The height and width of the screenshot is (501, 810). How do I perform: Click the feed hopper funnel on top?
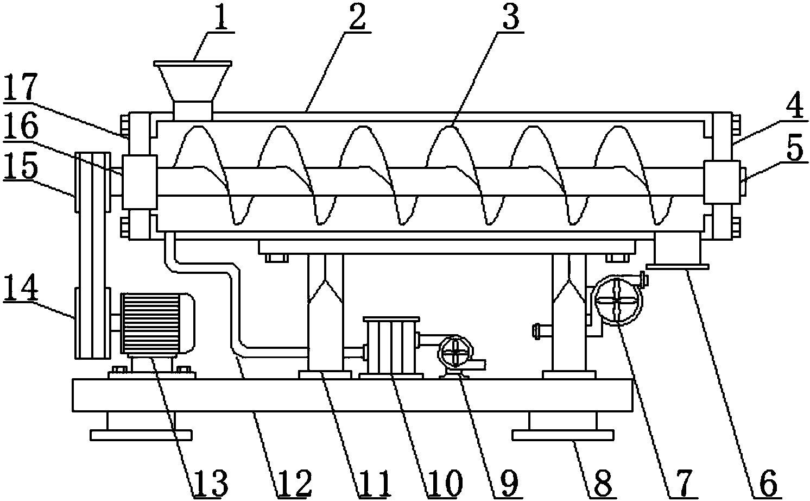tap(193, 91)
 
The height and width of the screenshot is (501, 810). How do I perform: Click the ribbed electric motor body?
tap(157, 323)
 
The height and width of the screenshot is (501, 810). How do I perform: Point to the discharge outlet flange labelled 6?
tap(678, 267)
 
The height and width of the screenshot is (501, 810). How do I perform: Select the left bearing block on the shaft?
tap(140, 182)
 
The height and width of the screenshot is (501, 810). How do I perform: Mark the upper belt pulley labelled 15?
tap(92, 182)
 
